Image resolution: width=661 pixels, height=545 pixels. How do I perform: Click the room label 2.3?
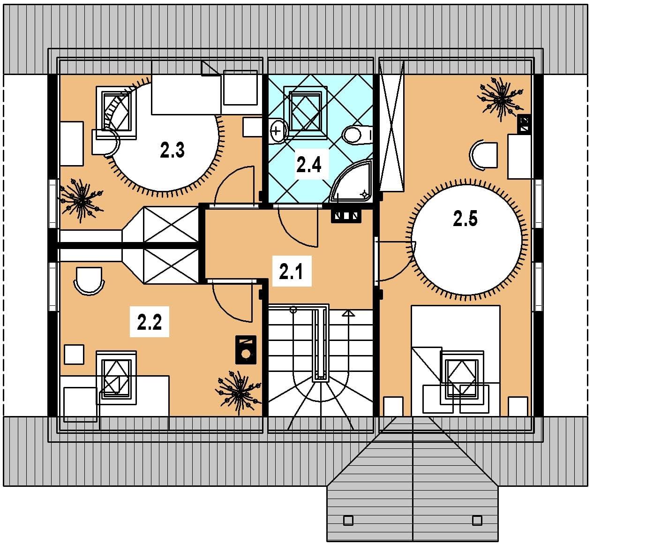click(172, 150)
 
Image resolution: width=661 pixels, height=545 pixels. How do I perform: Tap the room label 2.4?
click(308, 164)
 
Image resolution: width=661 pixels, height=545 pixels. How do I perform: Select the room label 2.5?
click(465, 219)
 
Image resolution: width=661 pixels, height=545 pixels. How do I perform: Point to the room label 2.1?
click(291, 272)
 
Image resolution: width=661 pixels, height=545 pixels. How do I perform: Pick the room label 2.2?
click(150, 322)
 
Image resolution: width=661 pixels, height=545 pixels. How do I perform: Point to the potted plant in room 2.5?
click(501, 99)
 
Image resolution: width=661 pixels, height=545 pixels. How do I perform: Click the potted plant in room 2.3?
click(82, 200)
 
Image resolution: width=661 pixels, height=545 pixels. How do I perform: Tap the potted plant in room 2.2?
click(238, 393)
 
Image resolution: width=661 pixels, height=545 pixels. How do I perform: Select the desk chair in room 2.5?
click(483, 155)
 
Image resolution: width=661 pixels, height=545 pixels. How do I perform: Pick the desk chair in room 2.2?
click(89, 281)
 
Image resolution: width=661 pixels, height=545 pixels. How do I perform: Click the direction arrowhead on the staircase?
click(348, 313)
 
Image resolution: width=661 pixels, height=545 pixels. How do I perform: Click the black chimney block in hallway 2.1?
click(346, 216)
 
